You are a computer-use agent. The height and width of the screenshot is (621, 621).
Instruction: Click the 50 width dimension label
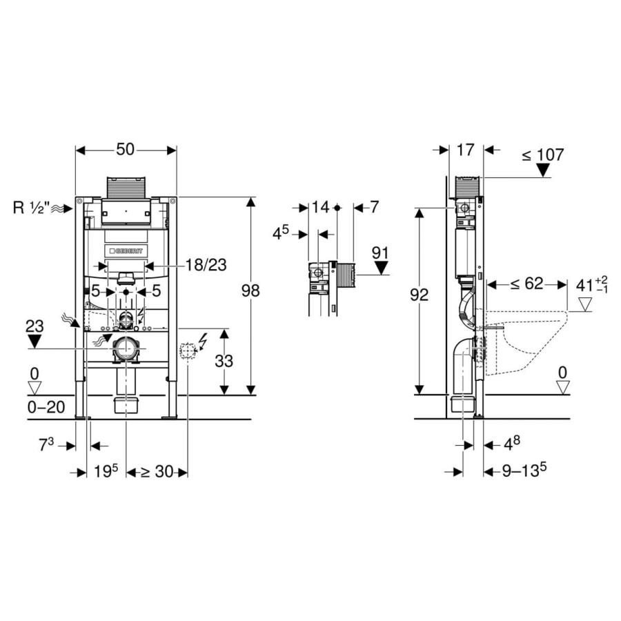[x=125, y=150]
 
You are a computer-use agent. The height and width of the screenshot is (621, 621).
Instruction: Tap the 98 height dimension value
[x=250, y=290]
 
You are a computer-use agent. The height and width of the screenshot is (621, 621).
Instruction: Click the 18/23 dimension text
[x=206, y=265]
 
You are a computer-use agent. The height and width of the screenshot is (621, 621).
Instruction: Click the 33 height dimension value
[x=224, y=361]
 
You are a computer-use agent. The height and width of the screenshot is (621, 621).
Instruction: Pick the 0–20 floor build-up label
[x=46, y=407]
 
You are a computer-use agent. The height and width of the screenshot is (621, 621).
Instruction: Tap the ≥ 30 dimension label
[x=157, y=472]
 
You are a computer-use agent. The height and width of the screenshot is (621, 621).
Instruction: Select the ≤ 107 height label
[x=542, y=155]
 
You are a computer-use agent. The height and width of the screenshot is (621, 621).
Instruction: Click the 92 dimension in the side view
[x=419, y=295]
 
